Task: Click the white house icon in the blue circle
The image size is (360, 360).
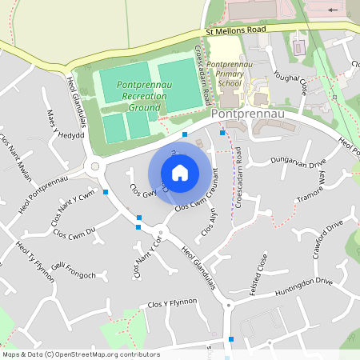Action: coord(180,172)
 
